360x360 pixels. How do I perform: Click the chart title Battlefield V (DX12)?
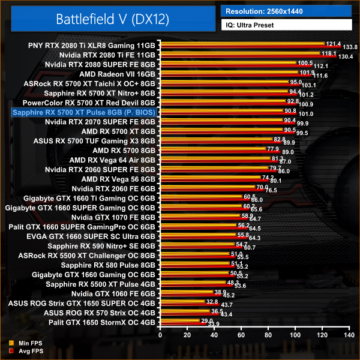pos(113,19)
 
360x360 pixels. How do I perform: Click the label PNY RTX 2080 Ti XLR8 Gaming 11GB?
pos(91,45)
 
